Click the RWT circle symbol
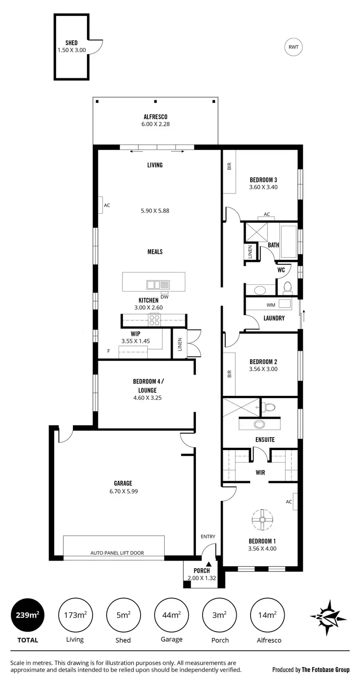click(x=293, y=47)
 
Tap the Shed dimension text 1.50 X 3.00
click(x=72, y=49)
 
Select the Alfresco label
click(x=155, y=117)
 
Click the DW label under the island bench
click(x=165, y=296)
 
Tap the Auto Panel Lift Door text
click(x=117, y=553)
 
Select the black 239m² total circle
click(x=27, y=614)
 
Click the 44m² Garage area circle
click(x=171, y=614)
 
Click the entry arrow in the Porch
click(x=208, y=564)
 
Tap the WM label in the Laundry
click(x=271, y=305)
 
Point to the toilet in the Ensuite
click(x=269, y=407)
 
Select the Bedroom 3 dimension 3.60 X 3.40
click(x=264, y=187)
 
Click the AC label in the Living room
click(x=107, y=205)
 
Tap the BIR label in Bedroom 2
click(x=229, y=373)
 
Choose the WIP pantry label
click(x=135, y=333)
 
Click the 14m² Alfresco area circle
click(x=267, y=614)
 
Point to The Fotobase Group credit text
click(x=311, y=670)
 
